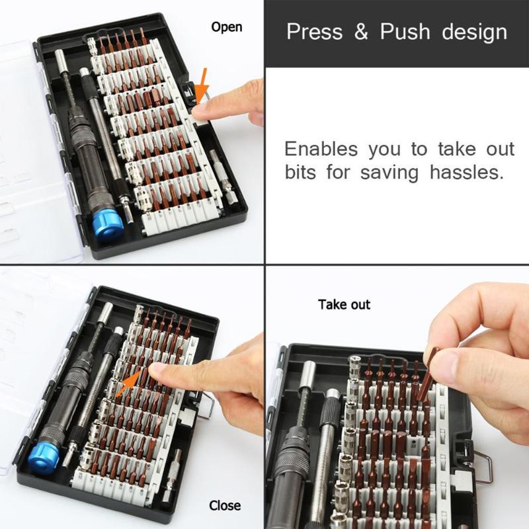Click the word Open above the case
[x=227, y=27]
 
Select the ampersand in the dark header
[x=361, y=32]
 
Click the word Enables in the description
[x=321, y=149]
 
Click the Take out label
[x=344, y=305]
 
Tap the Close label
[x=225, y=506]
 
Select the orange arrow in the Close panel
[x=130, y=384]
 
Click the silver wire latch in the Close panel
[x=207, y=405]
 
